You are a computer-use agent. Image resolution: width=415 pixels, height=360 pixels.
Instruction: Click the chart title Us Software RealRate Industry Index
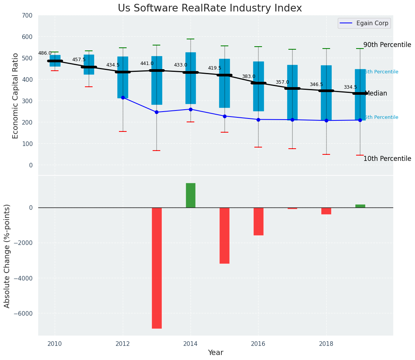tap(210, 8)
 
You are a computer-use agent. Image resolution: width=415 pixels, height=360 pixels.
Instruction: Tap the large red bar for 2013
tap(156, 268)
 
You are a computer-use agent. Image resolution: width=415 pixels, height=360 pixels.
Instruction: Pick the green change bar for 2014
tap(190, 195)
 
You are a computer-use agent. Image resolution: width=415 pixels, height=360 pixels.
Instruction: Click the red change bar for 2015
tap(225, 235)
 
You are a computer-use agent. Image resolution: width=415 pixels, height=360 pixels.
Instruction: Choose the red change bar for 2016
tap(258, 221)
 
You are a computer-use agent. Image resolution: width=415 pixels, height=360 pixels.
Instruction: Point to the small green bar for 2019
tap(360, 206)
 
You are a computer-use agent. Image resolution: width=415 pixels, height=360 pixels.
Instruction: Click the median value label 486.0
tap(45, 54)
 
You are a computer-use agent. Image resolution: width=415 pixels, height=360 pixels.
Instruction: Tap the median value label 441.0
tap(147, 64)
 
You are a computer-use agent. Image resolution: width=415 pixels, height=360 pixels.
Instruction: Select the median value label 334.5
tap(350, 88)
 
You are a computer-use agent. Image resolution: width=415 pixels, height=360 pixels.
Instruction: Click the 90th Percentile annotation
tap(387, 45)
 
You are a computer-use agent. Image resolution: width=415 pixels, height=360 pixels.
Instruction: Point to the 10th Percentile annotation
tap(387, 159)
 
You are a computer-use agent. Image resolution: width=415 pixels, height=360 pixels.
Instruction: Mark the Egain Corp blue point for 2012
tap(123, 97)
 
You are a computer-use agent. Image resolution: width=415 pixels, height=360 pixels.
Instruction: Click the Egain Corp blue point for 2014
tap(190, 109)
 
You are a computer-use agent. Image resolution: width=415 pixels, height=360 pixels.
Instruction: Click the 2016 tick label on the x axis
tap(258, 344)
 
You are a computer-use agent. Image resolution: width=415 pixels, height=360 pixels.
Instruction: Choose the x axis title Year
tap(215, 353)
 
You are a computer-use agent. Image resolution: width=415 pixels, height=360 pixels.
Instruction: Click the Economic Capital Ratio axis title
tap(16, 96)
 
